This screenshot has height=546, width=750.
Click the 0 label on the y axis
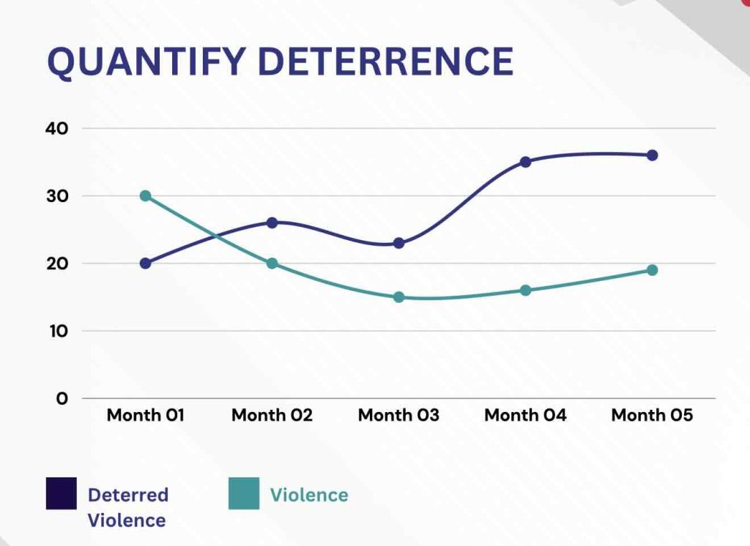pos(62,399)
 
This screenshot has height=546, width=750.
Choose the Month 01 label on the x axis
pos(145,416)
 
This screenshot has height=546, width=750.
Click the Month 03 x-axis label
pos(398,416)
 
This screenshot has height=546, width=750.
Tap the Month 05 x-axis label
pos(652,416)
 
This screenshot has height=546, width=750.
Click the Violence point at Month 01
pos(145,196)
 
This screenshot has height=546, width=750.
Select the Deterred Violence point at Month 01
pos(145,263)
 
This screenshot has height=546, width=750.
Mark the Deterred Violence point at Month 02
pos(272,222)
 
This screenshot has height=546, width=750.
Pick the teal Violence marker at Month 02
pos(272,263)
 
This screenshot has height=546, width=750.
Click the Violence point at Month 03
pos(398,297)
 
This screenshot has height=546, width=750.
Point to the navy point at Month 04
pos(525,162)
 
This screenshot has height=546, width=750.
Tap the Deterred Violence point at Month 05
pos(652,155)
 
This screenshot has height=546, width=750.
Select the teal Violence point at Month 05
pos(652,270)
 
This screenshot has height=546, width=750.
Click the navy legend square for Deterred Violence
pos(61,493)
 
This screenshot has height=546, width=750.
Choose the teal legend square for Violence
pos(243,493)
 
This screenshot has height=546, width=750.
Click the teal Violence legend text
pos(309,495)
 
